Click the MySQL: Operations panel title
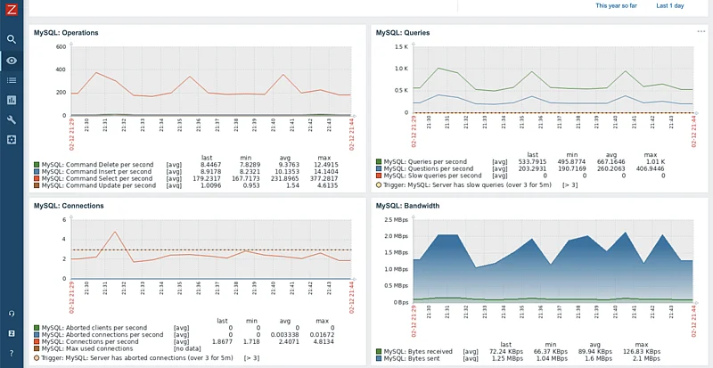(66, 32)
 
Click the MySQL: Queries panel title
(403, 32)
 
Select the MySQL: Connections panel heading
(69, 205)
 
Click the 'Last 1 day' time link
(670, 5)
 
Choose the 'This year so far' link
(616, 5)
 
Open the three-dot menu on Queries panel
(701, 31)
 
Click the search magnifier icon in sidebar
(12, 39)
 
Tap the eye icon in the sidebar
(12, 60)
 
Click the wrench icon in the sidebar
(12, 119)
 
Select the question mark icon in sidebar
(12, 354)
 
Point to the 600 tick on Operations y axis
(61, 46)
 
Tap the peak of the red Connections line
(115, 232)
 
